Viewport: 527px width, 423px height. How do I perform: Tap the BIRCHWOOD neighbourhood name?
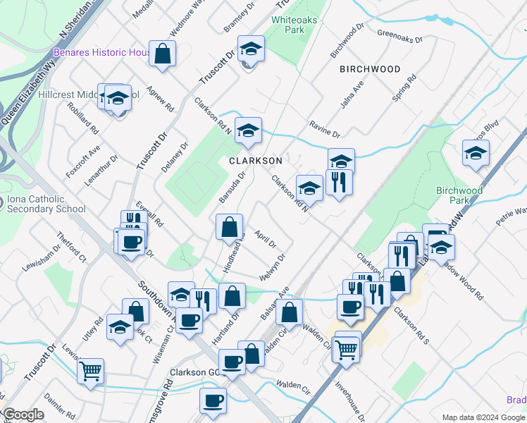pos(370,69)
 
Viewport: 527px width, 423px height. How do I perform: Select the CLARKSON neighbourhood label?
pos(255,161)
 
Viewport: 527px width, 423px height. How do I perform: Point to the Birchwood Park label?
pos(459,195)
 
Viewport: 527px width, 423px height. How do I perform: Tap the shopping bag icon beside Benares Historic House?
pos(162,54)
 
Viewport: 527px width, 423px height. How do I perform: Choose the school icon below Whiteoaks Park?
pos(250,49)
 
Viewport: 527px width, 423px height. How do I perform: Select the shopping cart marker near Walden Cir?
pos(346,348)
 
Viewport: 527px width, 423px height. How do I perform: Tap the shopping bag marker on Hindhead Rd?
pos(229,228)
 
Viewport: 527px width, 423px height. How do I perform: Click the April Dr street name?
pos(266,239)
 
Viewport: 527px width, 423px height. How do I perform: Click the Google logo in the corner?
pos(23,415)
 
